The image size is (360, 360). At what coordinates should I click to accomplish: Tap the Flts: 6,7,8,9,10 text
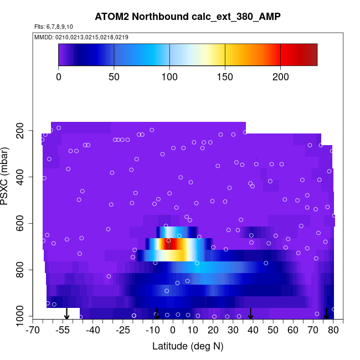tap(53, 27)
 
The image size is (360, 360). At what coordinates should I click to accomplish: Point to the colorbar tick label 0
tap(59, 77)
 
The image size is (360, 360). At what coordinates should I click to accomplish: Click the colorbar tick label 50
tap(114, 77)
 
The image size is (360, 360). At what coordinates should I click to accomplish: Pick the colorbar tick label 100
tap(169, 77)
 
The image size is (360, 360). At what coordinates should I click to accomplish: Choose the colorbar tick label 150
tap(225, 77)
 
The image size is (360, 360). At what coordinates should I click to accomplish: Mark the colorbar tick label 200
tap(280, 77)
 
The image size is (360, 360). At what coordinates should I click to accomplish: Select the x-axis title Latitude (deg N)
tap(188, 347)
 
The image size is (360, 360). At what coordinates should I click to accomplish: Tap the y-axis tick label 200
tap(22, 131)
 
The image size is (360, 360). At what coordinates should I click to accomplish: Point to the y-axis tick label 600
tap(22, 224)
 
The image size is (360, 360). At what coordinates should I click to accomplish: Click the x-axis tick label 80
tap(333, 331)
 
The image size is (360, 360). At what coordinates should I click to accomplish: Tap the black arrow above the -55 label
tap(66, 313)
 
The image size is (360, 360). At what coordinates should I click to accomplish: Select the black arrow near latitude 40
tap(250, 313)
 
